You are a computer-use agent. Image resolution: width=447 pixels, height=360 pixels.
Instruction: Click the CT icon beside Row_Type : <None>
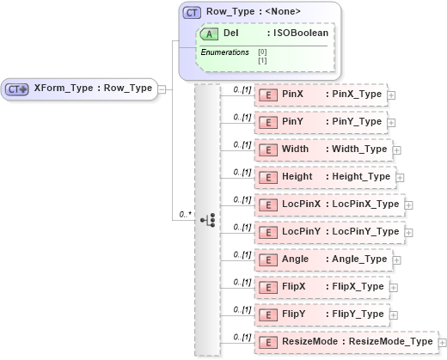(193, 13)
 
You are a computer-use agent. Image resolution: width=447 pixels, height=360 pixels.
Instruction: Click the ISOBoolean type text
(298, 33)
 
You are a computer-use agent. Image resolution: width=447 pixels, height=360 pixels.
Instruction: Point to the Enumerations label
(224, 52)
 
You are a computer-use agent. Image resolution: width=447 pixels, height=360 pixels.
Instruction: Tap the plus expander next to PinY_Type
(391, 123)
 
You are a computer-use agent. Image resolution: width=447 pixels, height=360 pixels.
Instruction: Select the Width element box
(323, 149)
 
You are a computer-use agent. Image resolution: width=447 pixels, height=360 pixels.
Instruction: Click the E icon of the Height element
(267, 176)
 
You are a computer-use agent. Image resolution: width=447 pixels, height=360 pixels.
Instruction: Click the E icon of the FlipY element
(267, 314)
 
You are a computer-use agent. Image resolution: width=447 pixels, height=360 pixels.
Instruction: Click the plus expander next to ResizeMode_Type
(443, 342)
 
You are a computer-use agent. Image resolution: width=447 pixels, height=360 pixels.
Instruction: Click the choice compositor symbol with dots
(207, 220)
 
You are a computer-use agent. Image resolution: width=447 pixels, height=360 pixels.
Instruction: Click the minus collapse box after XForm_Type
(162, 88)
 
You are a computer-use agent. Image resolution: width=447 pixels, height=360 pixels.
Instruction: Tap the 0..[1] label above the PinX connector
(242, 88)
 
